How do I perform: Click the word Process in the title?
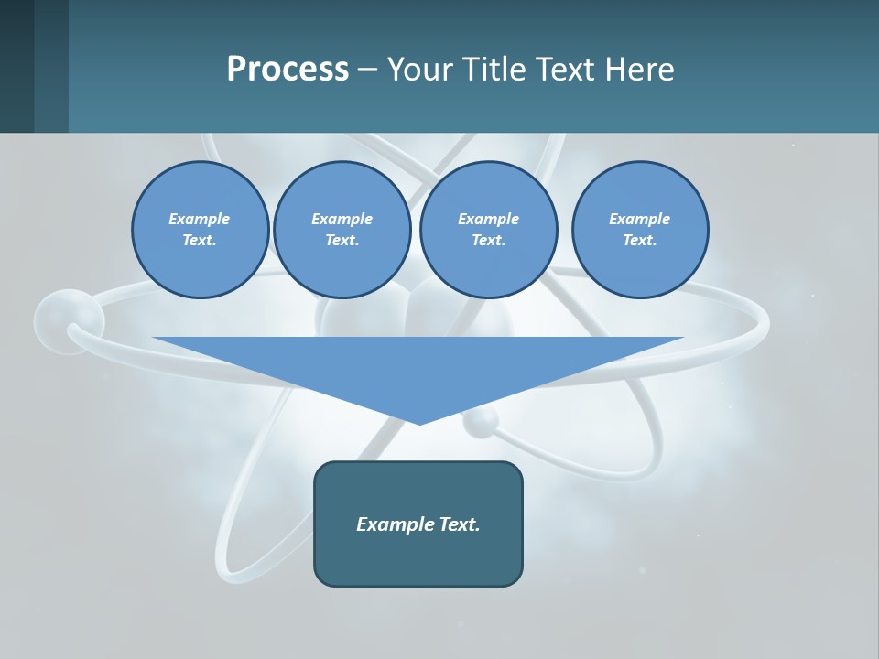click(288, 70)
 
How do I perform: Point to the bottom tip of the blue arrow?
click(420, 423)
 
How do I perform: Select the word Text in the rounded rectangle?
click(459, 524)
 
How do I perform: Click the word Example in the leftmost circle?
click(200, 219)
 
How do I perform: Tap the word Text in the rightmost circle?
click(639, 240)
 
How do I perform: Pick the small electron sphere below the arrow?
click(480, 421)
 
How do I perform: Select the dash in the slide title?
click(367, 70)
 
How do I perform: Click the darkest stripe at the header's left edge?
click(16, 66)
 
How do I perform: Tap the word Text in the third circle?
click(488, 240)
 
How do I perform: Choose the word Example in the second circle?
click(342, 219)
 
